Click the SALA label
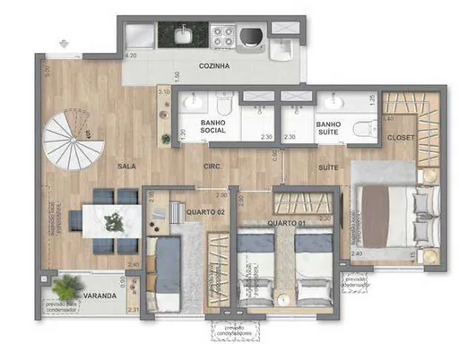click(127, 167)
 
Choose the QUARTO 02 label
click(205, 211)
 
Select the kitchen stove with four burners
click(221, 37)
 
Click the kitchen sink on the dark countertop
click(183, 36)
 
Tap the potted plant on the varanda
click(64, 287)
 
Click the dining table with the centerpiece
click(112, 219)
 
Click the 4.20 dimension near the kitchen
click(130, 56)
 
